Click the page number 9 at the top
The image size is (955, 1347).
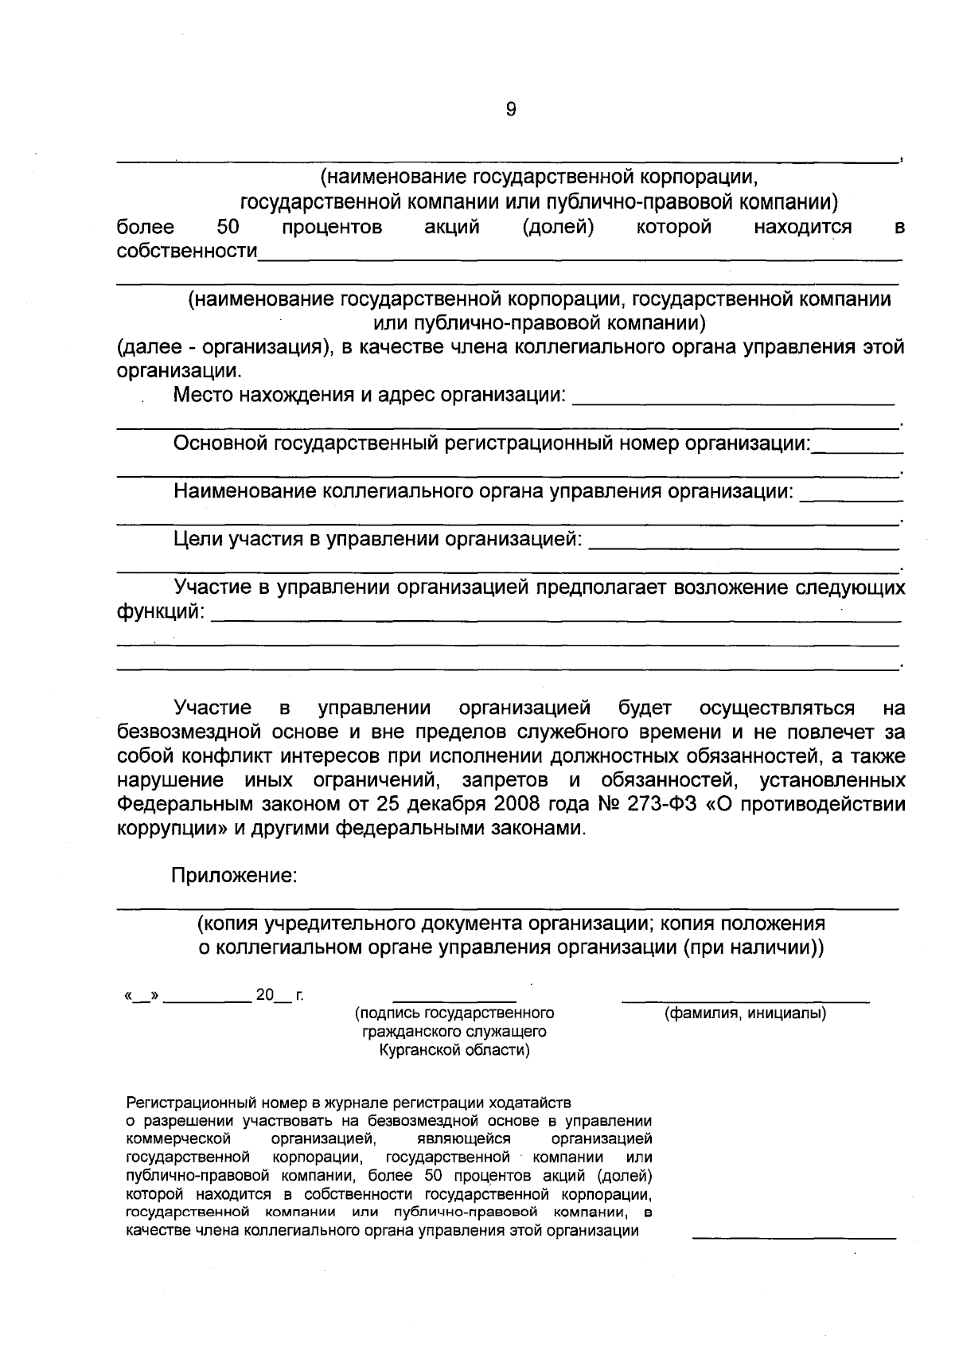[x=511, y=110]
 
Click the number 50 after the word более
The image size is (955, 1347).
[x=228, y=228]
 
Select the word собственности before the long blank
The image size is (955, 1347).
[x=187, y=252]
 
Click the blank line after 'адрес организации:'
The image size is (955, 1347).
[x=734, y=400]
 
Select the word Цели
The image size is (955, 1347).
[x=198, y=540]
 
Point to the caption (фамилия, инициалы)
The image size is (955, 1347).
[x=745, y=1014]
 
